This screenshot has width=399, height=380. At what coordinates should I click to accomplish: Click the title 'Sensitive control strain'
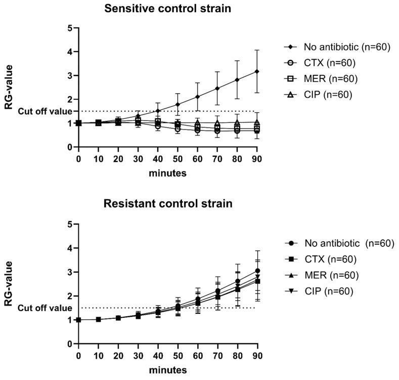click(x=167, y=9)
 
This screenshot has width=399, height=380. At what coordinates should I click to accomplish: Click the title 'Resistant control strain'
click(x=167, y=204)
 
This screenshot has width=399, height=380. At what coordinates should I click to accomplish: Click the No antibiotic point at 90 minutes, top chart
click(x=257, y=71)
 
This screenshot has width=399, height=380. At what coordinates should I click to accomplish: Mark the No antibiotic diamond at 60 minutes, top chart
click(x=198, y=97)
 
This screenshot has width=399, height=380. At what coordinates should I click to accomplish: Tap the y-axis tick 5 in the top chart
click(x=69, y=28)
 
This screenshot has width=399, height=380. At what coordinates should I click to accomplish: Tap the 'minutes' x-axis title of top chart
click(x=167, y=173)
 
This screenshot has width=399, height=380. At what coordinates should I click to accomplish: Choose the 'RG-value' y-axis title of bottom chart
click(x=8, y=283)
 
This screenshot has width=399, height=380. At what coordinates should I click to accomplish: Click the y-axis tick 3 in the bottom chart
click(x=69, y=272)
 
